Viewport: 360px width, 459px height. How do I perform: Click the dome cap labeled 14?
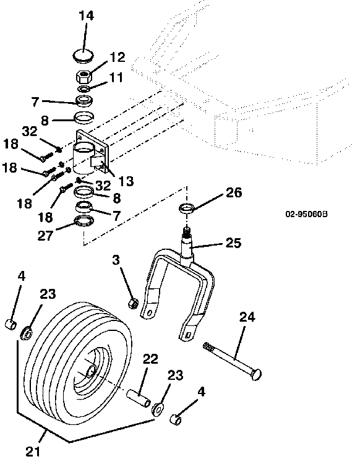click(x=83, y=56)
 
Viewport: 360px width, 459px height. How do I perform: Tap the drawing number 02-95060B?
click(x=306, y=214)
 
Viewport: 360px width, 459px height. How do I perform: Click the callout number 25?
click(x=233, y=243)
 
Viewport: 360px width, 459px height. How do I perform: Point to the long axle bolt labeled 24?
click(x=232, y=361)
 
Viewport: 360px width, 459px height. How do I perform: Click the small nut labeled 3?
click(x=134, y=303)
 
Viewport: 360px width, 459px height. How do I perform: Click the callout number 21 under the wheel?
click(x=33, y=452)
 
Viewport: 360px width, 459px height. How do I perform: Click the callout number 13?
click(x=126, y=181)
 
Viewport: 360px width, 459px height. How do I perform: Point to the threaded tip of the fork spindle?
click(x=187, y=233)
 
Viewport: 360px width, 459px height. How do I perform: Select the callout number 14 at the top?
click(x=86, y=15)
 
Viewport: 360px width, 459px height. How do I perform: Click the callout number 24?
click(x=247, y=317)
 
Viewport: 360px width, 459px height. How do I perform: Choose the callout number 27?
click(x=45, y=236)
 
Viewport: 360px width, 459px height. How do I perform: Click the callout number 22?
click(x=150, y=359)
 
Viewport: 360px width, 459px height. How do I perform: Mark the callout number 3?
click(x=116, y=259)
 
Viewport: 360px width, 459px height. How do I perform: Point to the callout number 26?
click(x=234, y=192)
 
